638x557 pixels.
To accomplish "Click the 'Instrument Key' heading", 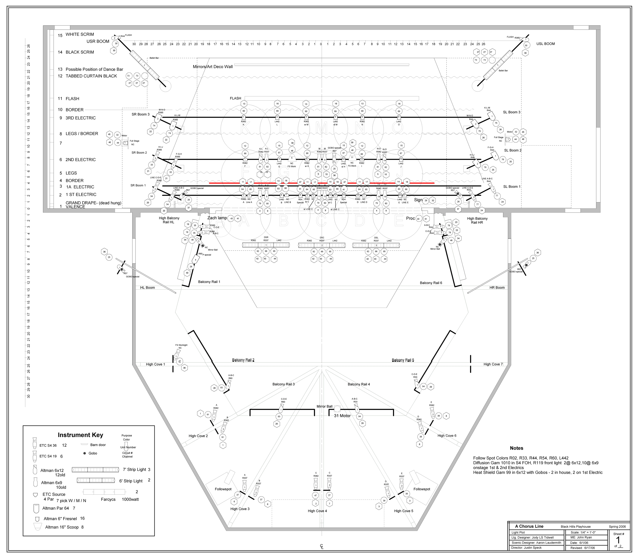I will (80, 435).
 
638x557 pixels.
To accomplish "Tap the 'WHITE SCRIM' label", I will (80, 34).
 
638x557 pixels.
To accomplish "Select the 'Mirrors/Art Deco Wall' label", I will (213, 67).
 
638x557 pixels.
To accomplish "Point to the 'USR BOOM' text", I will (98, 41).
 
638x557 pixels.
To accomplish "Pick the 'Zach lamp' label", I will (217, 218).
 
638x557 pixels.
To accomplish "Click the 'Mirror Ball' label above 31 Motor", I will (324, 407).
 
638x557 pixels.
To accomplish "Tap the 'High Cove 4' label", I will (317, 511).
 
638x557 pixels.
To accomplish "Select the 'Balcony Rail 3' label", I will (283, 384).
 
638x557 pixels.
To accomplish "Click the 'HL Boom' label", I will (147, 288).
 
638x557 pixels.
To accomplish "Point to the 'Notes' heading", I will (516, 448).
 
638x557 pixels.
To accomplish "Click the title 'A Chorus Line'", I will (529, 526).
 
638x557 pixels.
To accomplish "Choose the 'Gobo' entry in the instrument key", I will (93, 453).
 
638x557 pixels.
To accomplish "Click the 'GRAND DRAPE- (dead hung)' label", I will (93, 203).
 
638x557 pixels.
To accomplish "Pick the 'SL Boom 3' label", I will (512, 112).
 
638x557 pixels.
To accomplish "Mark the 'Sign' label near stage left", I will (418, 200).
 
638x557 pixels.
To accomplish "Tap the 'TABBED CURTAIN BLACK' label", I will (91, 76).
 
